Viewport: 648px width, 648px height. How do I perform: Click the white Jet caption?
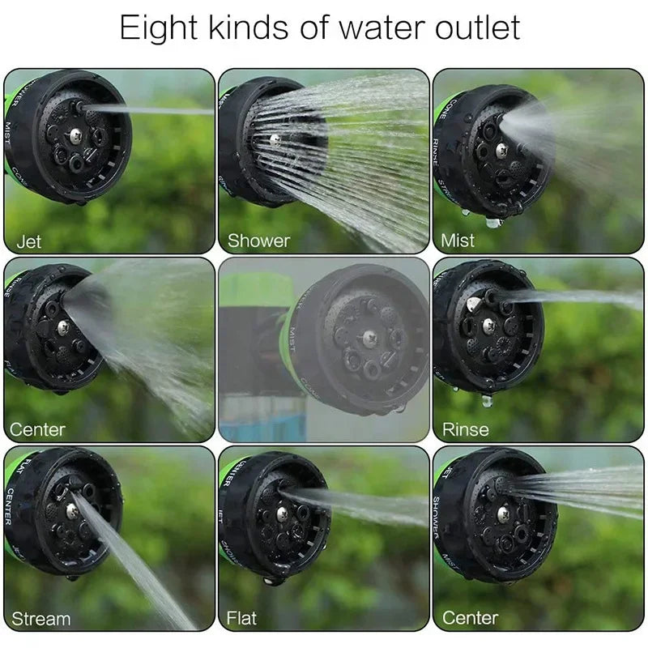coord(28,241)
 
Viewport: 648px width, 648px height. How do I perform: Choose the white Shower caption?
coord(258,241)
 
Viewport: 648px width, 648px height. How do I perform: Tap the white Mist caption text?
coord(458,241)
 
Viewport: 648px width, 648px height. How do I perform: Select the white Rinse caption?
coord(465,428)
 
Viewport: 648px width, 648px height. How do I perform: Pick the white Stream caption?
coord(40,619)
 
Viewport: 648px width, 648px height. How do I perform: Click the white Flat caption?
coord(241,619)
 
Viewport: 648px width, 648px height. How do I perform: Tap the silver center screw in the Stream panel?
coord(72,509)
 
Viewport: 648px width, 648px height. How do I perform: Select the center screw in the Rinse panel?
coord(488,326)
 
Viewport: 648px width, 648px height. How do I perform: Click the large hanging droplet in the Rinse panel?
coord(487,399)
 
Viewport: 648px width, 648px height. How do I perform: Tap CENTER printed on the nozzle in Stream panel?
coord(10,506)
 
